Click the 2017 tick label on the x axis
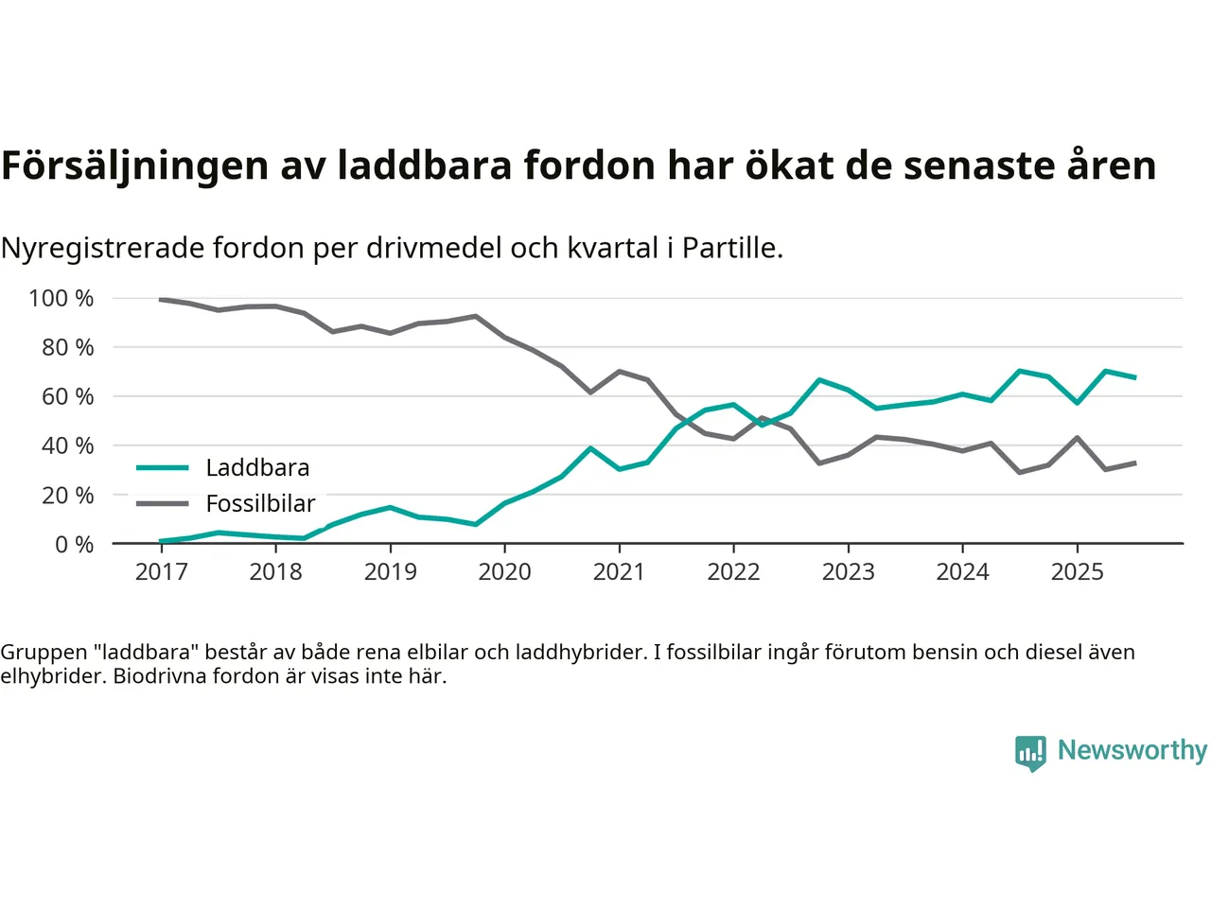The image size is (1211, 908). point(161,572)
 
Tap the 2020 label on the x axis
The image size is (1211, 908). point(504,572)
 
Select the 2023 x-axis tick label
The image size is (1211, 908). point(848,572)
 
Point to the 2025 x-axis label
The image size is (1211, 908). point(1077,572)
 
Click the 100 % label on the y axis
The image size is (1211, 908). point(61,299)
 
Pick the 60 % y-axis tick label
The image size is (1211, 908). point(67,397)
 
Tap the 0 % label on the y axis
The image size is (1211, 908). point(74,545)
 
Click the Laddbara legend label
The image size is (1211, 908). point(257,468)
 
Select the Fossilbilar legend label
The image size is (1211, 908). point(260,504)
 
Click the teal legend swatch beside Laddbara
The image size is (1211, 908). point(163,468)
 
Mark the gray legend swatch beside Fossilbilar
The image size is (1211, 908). point(163,504)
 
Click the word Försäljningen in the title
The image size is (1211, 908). point(135,166)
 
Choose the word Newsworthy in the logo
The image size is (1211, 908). point(1132,750)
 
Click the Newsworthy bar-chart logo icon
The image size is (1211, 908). point(1030,753)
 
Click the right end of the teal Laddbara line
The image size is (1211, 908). point(1134,377)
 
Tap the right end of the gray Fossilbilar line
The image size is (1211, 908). point(1134,463)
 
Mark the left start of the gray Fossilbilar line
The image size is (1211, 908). point(161,300)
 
